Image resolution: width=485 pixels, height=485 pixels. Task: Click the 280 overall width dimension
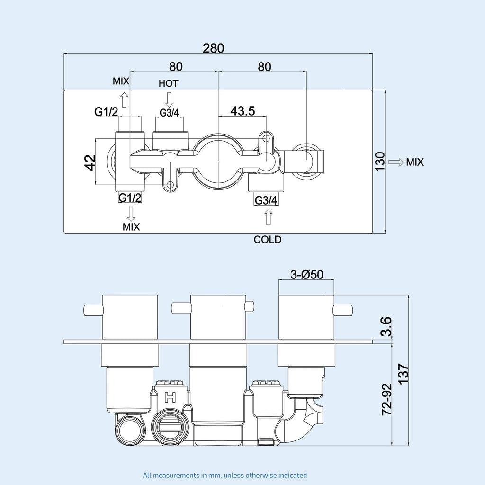213,48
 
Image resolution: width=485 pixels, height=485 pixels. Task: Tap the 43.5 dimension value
242,111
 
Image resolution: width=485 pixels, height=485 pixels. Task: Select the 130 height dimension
380,162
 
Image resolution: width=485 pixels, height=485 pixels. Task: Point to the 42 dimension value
90,162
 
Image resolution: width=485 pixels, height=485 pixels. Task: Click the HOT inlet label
168,83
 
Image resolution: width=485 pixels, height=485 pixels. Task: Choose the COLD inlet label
268,240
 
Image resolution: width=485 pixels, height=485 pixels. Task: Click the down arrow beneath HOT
168,99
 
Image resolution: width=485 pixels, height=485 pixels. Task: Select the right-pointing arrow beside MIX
395,162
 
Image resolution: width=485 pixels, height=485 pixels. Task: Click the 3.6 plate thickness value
386,327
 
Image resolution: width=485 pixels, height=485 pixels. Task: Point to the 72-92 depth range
386,400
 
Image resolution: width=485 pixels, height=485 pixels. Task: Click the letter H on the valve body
169,397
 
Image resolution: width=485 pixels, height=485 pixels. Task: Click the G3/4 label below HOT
169,113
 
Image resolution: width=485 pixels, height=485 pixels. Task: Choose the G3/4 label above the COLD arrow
266,200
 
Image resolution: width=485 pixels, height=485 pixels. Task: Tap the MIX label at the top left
121,81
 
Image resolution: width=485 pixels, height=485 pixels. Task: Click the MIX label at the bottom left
131,227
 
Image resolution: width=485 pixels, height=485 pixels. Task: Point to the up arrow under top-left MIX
124,100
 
